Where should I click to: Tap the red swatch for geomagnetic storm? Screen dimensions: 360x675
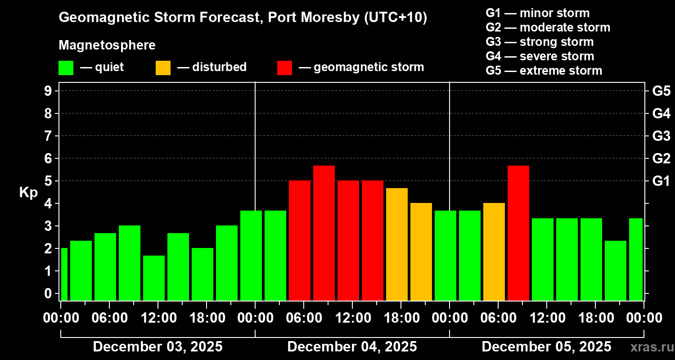[284, 67]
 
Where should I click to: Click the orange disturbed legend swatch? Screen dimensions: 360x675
[163, 67]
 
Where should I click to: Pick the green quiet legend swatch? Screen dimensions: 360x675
[66, 67]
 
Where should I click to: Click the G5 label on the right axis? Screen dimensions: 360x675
[661, 91]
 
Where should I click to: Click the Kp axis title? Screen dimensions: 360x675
[28, 193]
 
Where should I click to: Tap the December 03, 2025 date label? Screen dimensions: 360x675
[157, 347]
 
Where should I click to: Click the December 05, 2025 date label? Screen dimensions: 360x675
[546, 347]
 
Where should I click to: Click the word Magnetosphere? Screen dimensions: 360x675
[107, 45]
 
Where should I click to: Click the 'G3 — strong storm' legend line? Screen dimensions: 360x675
[540, 42]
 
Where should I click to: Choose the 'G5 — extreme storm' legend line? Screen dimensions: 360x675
[544, 71]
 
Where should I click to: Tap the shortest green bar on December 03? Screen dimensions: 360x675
[154, 278]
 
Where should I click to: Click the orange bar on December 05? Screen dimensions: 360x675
[494, 252]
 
